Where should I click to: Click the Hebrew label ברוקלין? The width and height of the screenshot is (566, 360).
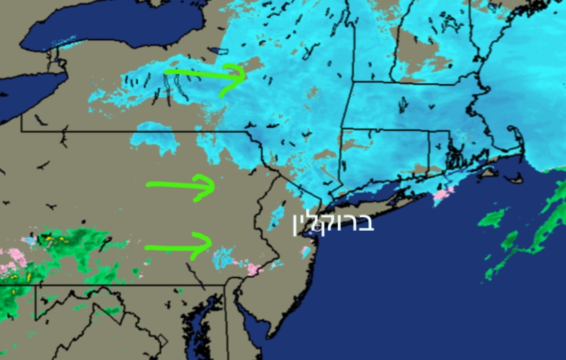tap(333, 224)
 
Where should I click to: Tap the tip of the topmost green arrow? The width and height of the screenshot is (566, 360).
tap(244, 76)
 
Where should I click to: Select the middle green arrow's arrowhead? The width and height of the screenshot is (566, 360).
tap(213, 187)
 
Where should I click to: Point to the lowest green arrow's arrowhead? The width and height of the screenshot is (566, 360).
tap(211, 243)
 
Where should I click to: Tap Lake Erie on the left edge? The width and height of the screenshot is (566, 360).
tap(24, 96)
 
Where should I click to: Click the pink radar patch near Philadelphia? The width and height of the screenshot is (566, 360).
tap(254, 269)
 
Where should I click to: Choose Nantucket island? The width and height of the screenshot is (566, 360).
tap(515, 180)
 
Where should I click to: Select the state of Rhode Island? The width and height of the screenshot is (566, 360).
tap(439, 148)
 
